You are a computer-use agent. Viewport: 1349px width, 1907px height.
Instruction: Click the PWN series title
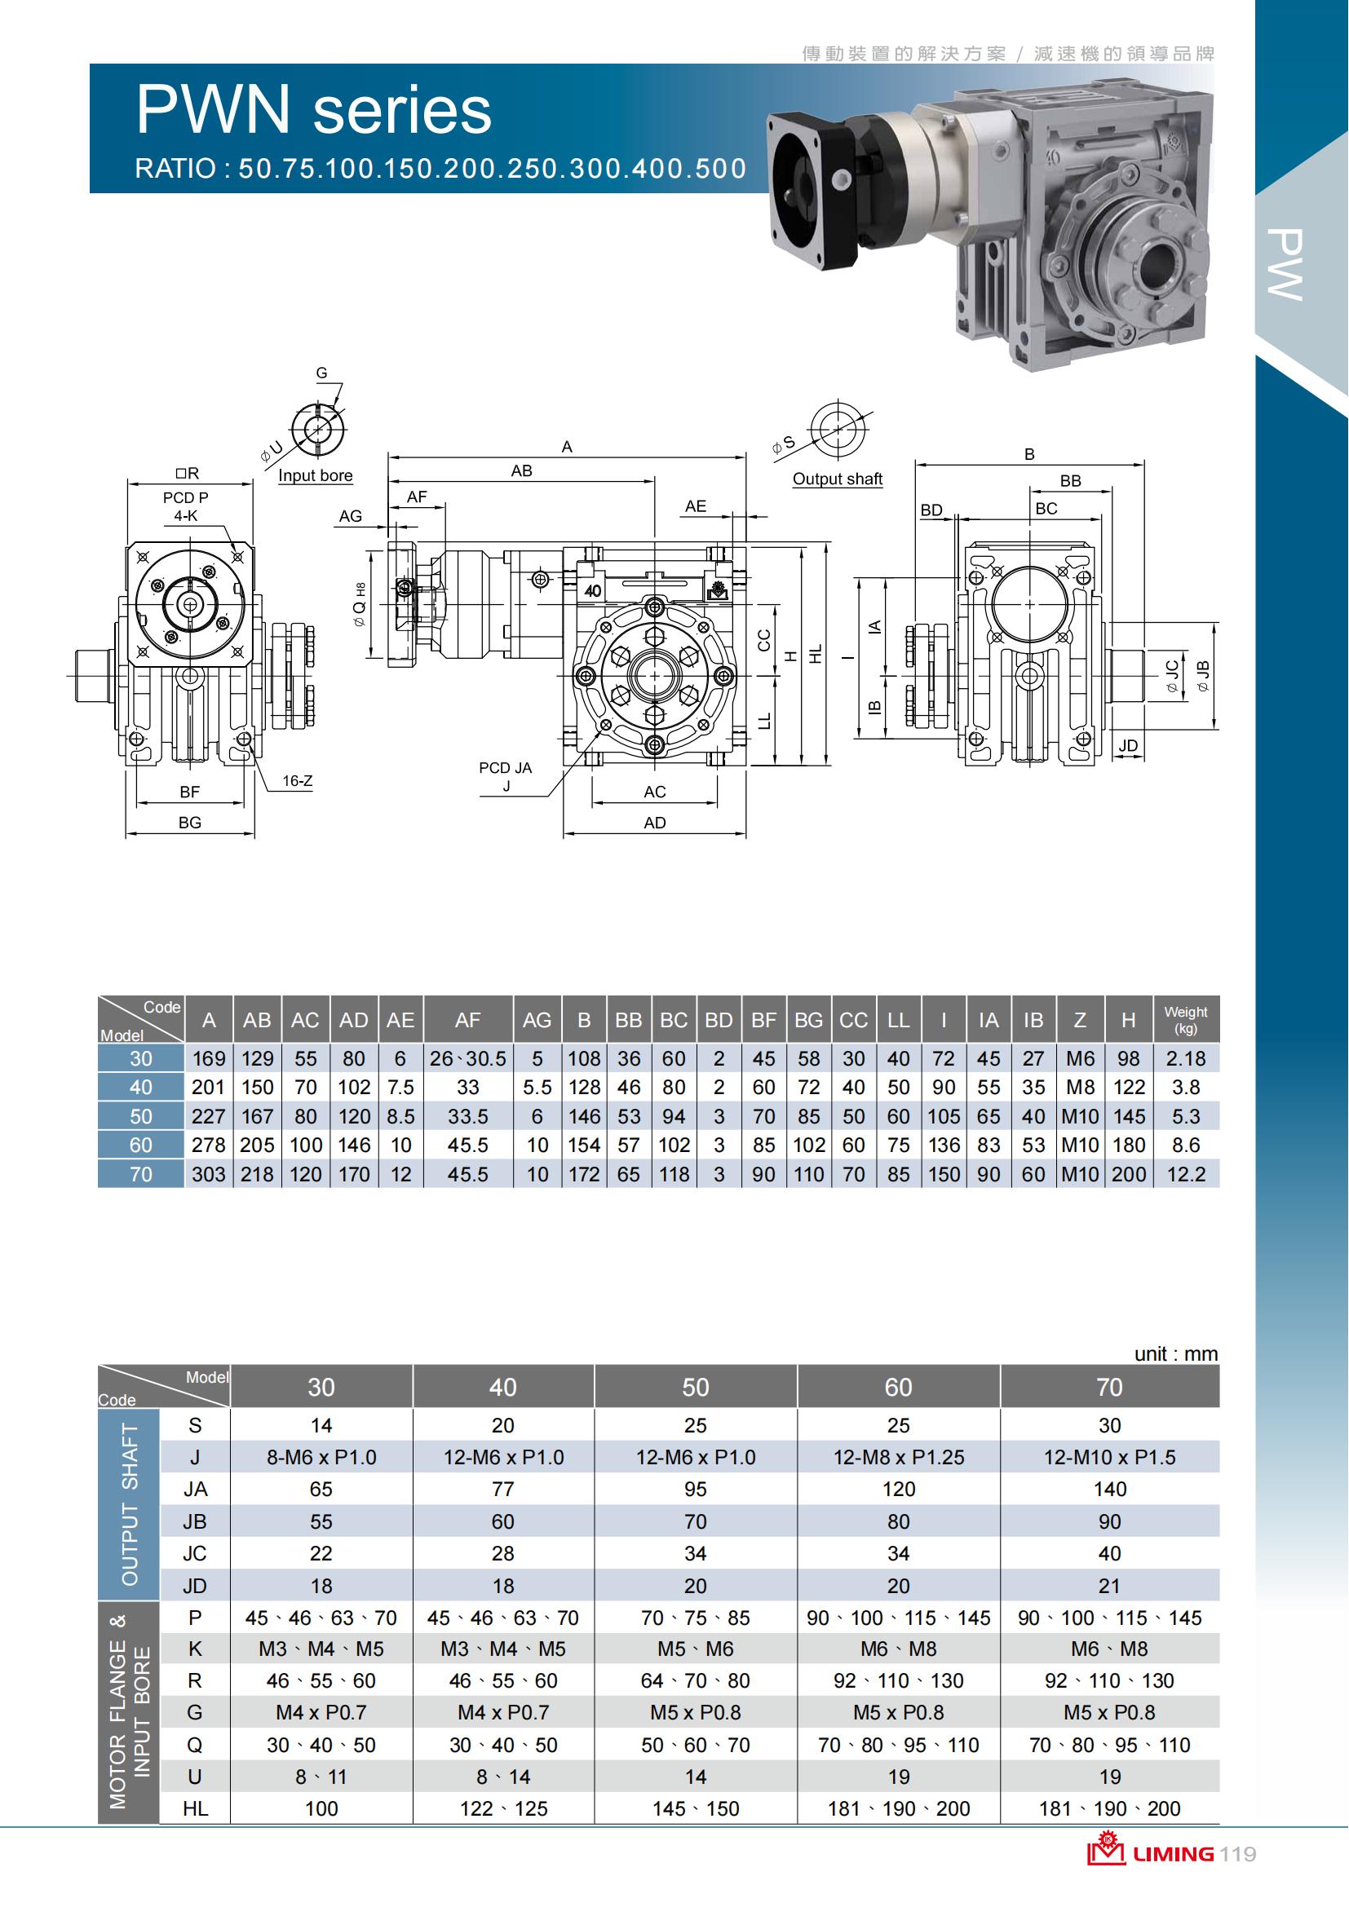313,109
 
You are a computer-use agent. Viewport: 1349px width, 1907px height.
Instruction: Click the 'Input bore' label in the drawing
315,476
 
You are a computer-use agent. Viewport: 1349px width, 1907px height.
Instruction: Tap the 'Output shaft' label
837,479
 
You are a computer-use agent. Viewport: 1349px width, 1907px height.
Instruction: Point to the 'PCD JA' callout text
505,768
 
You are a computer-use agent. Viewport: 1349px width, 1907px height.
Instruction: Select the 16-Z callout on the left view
297,781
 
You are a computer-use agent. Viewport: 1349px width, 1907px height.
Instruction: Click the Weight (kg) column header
1185,1019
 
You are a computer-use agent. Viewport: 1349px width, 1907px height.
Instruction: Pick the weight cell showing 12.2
1185,1173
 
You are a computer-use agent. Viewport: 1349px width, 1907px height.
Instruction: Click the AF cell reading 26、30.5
467,1059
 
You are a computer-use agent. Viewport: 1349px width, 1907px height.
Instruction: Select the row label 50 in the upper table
140,1116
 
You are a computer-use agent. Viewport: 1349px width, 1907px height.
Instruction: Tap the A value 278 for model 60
208,1146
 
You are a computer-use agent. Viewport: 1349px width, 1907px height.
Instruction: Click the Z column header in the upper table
1079,1020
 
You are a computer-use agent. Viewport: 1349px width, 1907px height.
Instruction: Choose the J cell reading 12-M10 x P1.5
1109,1457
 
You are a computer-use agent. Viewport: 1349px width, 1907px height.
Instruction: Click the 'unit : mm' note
1175,1354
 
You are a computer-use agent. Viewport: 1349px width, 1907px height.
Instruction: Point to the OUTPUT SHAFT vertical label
130,1504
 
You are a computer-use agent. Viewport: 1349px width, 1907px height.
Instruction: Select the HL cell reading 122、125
503,1808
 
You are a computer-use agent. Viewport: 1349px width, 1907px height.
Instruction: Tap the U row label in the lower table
194,1777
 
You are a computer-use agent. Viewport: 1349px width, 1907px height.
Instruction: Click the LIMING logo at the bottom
1151,1853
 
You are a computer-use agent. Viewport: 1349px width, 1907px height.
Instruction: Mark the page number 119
1239,1854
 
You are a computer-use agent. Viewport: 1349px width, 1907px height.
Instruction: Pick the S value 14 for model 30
321,1425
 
